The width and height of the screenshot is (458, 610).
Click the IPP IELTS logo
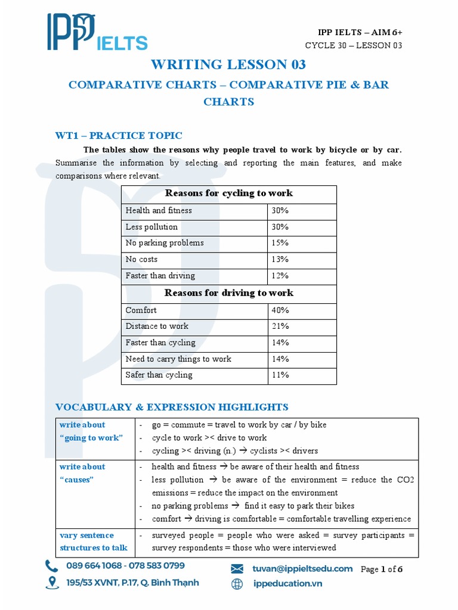pos(97,33)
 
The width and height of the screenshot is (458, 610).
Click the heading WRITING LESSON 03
pos(228,64)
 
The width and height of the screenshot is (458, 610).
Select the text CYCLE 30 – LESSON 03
pos(353,46)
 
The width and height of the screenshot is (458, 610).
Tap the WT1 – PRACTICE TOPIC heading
pos(119,136)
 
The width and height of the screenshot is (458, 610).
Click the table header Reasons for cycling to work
pos(228,194)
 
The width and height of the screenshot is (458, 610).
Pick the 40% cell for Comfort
pos(280,310)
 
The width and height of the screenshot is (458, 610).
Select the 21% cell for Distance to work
pos(280,326)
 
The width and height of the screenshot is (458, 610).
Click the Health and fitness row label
pos(159,210)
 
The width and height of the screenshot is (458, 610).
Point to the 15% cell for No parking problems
pos(280,242)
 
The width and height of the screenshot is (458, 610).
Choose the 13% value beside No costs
pos(280,259)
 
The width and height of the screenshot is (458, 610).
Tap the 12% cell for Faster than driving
pos(280,275)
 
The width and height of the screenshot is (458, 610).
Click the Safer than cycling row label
pos(159,375)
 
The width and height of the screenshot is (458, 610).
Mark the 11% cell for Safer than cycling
pos(280,375)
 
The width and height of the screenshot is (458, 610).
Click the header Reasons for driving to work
pos(228,293)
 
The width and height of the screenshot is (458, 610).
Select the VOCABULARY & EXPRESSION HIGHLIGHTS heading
pos(172,407)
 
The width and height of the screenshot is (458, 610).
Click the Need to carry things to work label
pos(178,359)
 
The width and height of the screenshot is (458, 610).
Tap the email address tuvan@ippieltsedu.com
pos(302,568)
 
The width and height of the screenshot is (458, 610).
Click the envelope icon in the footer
pos(237,569)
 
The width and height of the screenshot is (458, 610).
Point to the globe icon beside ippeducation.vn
pos(237,584)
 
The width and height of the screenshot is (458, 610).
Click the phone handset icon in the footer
pos(52,565)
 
